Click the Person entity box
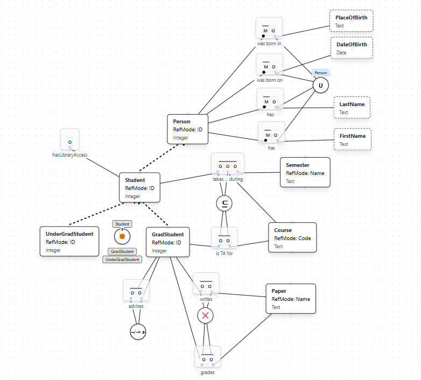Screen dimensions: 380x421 pos(187,129)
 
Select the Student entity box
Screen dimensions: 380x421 pos(139,188)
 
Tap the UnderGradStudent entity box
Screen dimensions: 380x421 pos(69,241)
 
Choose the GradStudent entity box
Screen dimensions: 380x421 pos(167,242)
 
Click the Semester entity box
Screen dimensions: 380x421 pos(305,172)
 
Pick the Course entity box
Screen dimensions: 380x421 pos(292,237)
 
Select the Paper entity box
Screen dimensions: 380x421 pos(290,299)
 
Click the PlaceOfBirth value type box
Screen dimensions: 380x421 pos(351,22)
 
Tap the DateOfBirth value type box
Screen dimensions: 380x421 pos(351,48)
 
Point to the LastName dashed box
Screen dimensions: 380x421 pos(352,108)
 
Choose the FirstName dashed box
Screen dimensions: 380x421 pos(352,139)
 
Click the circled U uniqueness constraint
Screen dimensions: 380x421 pos(321,86)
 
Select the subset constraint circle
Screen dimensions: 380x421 pos(224,203)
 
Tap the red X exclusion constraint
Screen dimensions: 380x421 pos(205,315)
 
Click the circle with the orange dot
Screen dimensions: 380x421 pos(122,236)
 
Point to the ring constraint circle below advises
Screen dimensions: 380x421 pos(138,332)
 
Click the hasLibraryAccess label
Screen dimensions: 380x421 pos(70,155)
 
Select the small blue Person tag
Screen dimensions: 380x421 pos(320,72)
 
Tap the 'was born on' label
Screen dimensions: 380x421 pos(270,80)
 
